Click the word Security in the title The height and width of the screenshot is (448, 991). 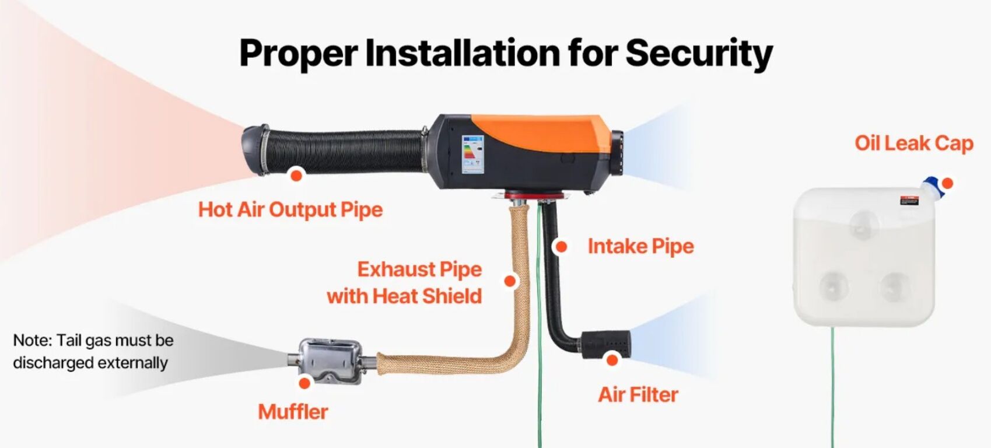699,54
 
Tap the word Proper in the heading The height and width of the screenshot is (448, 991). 298,54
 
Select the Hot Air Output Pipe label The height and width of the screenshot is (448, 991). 290,209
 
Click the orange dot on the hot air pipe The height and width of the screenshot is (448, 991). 296,176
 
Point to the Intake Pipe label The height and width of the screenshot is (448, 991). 640,246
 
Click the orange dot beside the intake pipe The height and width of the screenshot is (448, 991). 561,247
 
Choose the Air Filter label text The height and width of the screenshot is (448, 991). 638,394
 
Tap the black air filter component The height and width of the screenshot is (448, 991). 605,344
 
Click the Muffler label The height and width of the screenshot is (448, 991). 293,412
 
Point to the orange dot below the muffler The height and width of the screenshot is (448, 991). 304,383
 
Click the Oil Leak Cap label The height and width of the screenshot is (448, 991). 914,143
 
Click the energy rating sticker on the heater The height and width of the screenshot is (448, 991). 473,155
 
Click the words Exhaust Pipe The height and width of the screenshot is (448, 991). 419,269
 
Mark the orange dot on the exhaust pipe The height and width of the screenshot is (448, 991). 510,281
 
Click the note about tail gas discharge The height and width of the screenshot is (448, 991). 93,352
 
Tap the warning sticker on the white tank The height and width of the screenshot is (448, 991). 909,200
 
